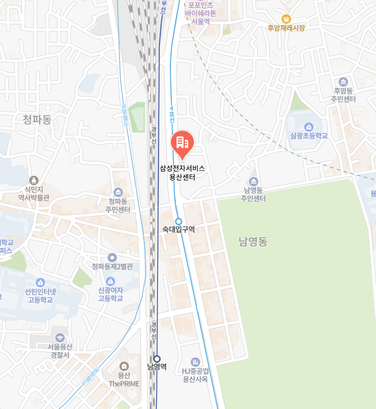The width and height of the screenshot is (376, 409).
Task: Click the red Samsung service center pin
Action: tap(182, 142)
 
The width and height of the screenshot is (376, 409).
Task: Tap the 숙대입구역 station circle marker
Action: tap(178, 221)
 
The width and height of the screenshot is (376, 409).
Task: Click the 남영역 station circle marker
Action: tap(157, 359)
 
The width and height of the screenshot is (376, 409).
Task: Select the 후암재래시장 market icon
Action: tap(286, 19)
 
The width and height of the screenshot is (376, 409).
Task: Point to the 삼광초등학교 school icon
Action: tap(309, 126)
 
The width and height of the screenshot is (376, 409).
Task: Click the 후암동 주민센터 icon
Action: tap(343, 82)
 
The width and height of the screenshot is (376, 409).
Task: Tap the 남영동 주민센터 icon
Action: tap(254, 182)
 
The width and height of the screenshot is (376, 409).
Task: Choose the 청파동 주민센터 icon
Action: tap(118, 192)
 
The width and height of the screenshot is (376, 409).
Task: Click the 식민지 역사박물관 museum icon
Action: tap(34, 180)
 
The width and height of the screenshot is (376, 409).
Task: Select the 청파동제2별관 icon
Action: tap(112, 257)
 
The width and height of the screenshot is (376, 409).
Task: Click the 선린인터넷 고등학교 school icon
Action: tap(40, 283)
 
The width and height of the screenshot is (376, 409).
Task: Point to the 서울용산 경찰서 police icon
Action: tap(59, 337)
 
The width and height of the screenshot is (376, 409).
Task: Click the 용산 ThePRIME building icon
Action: tap(124, 366)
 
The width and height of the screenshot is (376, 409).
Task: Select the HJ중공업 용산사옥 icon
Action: tap(195, 362)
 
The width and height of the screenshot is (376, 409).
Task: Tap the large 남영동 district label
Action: tap(253, 242)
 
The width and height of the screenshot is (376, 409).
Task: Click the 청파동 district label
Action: tap(37, 119)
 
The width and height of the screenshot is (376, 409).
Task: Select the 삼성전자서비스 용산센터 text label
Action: tap(182, 172)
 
